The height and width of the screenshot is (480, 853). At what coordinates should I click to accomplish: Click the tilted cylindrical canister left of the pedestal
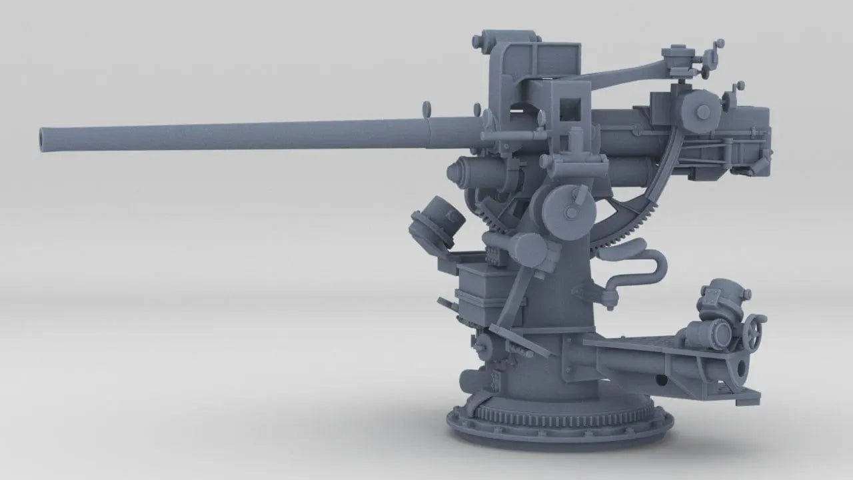[436, 221]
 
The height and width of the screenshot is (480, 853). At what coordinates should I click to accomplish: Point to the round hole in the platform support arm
[661, 381]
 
